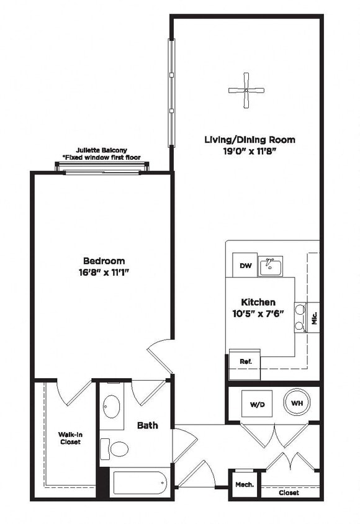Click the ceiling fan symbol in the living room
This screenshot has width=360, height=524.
point(246,90)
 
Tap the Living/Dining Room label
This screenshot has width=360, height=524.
point(250,140)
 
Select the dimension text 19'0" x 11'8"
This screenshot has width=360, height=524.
point(250,151)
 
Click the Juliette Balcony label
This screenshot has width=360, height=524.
point(102,150)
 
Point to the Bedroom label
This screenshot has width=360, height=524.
point(104,261)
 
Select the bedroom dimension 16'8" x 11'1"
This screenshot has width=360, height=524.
point(104,271)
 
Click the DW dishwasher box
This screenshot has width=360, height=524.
point(246,266)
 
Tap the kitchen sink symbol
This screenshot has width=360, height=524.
point(271,266)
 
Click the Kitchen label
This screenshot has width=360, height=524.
point(259,302)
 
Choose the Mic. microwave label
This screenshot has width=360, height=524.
point(314,318)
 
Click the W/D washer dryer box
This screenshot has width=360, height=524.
point(257,404)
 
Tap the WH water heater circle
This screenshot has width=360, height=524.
point(297,403)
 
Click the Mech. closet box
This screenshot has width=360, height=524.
point(243,484)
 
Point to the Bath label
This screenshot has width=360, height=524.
point(147,425)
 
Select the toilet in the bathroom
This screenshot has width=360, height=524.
point(115,448)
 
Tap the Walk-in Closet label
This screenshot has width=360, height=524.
point(70,438)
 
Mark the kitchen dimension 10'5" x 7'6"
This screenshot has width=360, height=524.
point(259,313)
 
